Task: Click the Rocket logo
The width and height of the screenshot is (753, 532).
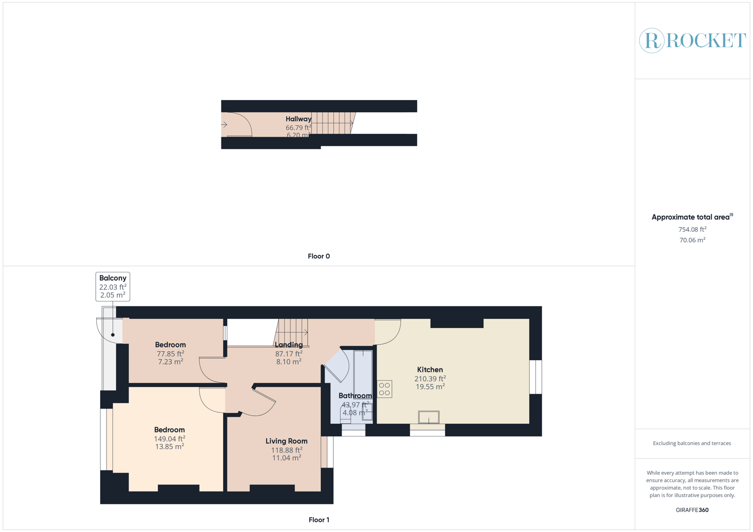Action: pyautogui.click(x=692, y=40)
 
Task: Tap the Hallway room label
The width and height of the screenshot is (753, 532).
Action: pyautogui.click(x=298, y=119)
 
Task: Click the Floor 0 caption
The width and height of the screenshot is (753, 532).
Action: pyautogui.click(x=319, y=256)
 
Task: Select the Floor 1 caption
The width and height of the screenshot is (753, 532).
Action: pyautogui.click(x=319, y=520)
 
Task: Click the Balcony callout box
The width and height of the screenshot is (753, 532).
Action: pyautogui.click(x=113, y=286)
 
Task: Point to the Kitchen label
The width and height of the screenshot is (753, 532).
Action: pyautogui.click(x=430, y=369)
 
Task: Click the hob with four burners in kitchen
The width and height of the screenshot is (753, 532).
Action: pyautogui.click(x=385, y=389)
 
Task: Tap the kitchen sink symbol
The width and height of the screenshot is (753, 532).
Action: pyautogui.click(x=429, y=417)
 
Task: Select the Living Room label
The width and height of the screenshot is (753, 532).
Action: pyautogui.click(x=287, y=441)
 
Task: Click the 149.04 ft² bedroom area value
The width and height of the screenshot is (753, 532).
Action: pyautogui.click(x=170, y=438)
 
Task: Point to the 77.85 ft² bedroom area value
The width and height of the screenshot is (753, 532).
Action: pyautogui.click(x=171, y=354)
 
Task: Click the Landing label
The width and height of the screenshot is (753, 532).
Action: pyautogui.click(x=289, y=345)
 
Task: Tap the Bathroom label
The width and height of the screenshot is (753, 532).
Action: pyautogui.click(x=355, y=396)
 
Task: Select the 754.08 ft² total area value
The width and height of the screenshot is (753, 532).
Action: pyautogui.click(x=692, y=230)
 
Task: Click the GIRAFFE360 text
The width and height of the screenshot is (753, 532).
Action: pyautogui.click(x=692, y=510)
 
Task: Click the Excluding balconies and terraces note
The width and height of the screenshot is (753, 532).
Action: pyautogui.click(x=692, y=443)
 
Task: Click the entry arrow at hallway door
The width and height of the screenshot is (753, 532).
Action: pyautogui.click(x=224, y=125)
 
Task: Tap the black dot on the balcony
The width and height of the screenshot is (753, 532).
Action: pyautogui.click(x=113, y=335)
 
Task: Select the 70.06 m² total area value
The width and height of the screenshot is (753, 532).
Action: pyautogui.click(x=692, y=240)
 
